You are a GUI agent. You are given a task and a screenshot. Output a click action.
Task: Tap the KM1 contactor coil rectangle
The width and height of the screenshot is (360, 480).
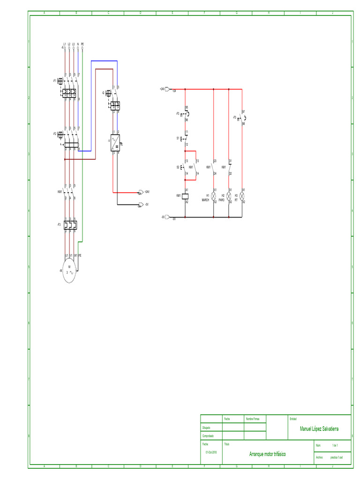point(186,195)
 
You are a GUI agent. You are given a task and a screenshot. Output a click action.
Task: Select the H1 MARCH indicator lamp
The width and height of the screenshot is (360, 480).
point(213,195)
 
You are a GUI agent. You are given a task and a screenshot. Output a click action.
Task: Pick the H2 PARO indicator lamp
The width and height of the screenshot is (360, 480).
point(229,195)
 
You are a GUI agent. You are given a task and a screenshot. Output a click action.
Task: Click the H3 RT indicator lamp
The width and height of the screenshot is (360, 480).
point(242,195)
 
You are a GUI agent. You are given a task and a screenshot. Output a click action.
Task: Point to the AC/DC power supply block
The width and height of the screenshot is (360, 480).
point(115,142)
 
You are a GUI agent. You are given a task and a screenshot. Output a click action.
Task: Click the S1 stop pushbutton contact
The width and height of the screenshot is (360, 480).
point(185,139)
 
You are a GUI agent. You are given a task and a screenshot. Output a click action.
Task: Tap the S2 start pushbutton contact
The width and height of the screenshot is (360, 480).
point(185,167)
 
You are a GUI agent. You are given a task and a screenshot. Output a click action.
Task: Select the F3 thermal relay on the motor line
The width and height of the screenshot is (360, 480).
point(70,225)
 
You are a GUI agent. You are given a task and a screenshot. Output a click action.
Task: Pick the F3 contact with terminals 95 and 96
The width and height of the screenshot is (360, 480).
point(185,114)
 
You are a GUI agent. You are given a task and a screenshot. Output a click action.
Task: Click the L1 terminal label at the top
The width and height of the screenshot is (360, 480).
point(64,44)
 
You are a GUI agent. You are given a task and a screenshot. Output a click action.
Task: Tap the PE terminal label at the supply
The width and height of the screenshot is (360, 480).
point(82,44)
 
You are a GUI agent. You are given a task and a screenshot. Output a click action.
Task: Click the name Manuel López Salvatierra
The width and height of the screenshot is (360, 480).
point(319,429)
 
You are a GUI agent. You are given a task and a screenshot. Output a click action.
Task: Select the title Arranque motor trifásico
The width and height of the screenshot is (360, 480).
point(267,454)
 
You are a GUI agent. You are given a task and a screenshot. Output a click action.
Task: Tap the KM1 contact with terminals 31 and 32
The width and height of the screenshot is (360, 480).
point(229,167)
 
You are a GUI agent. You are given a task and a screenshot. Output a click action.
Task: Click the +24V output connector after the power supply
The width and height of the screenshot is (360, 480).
point(141,192)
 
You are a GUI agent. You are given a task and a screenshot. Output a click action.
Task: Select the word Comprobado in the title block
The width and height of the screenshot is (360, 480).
point(208,436)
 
